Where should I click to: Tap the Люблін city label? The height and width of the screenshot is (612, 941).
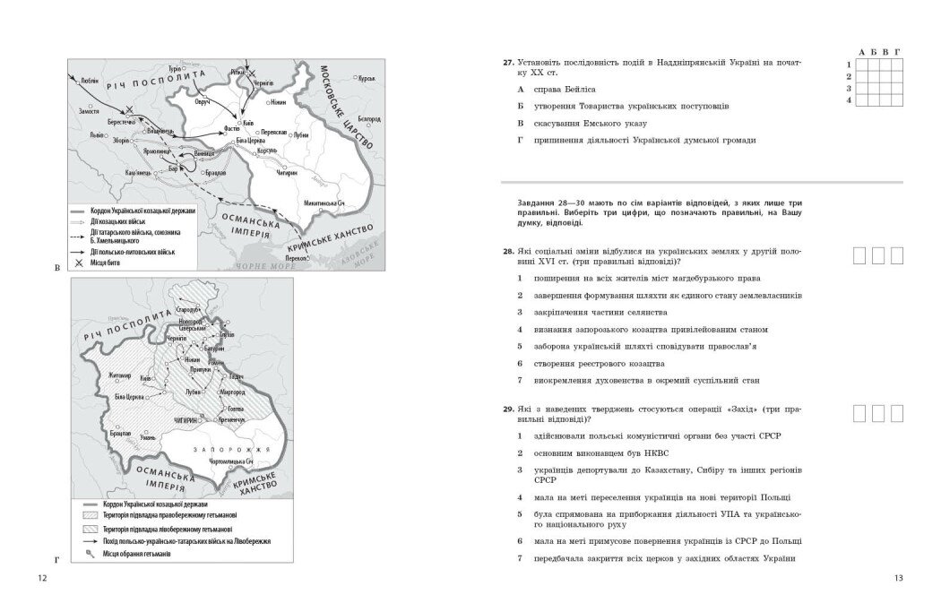pyautogui.click(x=89, y=79)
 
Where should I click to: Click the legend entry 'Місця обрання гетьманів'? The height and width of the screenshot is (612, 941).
pyautogui.click(x=135, y=555)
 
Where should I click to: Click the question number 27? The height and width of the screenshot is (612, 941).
pyautogui.click(x=507, y=63)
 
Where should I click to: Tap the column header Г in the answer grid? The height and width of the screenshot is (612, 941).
pyautogui.click(x=896, y=53)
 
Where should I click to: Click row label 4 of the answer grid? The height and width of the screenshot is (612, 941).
pyautogui.click(x=848, y=99)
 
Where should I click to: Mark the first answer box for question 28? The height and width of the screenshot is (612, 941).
pyautogui.click(x=859, y=256)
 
